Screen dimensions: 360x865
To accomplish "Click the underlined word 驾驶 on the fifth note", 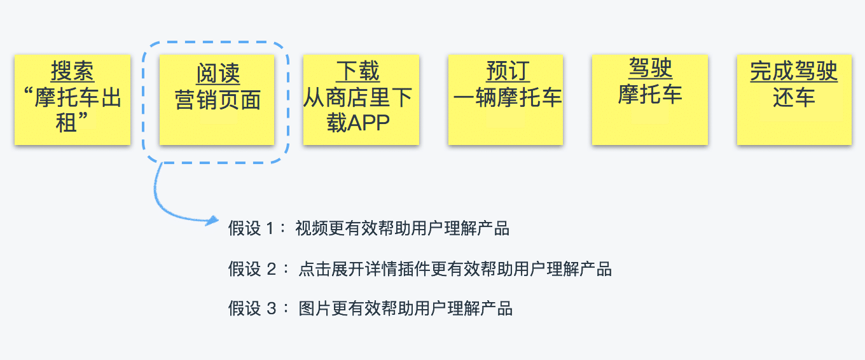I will pos(650,68).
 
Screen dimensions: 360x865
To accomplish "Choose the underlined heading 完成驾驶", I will pos(794,71).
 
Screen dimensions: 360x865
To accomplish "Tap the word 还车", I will pos(794,98).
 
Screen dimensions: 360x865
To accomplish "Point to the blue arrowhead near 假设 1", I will pos(211,221).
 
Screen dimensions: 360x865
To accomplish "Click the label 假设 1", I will pos(253,229).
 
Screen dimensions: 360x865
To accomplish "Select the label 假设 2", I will pos(253,269).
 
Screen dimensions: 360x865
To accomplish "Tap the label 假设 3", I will pos(253,309).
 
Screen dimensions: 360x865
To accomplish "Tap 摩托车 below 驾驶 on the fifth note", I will pos(650,94).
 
